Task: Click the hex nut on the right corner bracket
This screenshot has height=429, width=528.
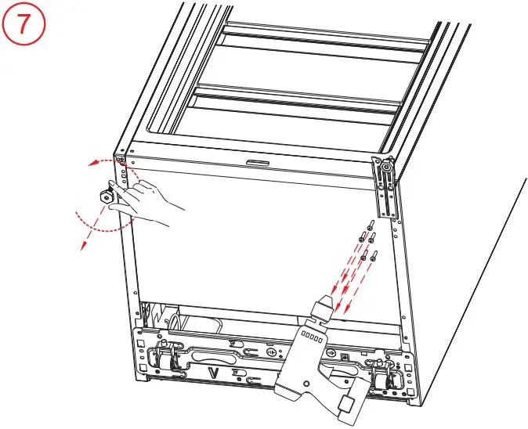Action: coord(386,164)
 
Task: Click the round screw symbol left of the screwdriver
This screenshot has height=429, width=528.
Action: coord(270,353)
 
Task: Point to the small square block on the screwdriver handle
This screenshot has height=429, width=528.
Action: coord(345,405)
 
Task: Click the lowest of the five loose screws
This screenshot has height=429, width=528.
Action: coord(374,253)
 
